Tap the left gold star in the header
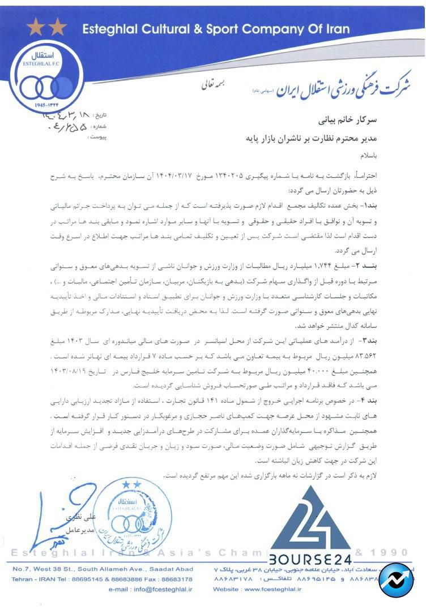(35, 27)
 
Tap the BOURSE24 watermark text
(309, 560)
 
